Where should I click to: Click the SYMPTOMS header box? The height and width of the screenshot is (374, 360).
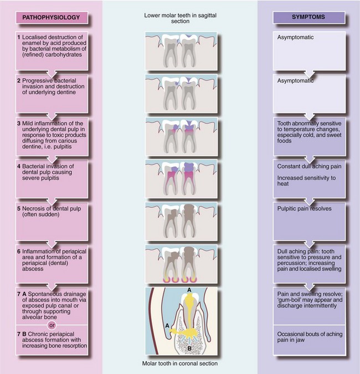[x=309, y=17]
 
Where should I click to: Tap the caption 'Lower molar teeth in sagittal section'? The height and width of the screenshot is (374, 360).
[x=179, y=17]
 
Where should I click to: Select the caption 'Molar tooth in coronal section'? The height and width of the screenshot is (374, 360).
[x=179, y=364]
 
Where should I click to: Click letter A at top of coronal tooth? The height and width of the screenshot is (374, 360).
[x=190, y=290]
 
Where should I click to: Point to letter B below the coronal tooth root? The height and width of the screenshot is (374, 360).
[x=190, y=347]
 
